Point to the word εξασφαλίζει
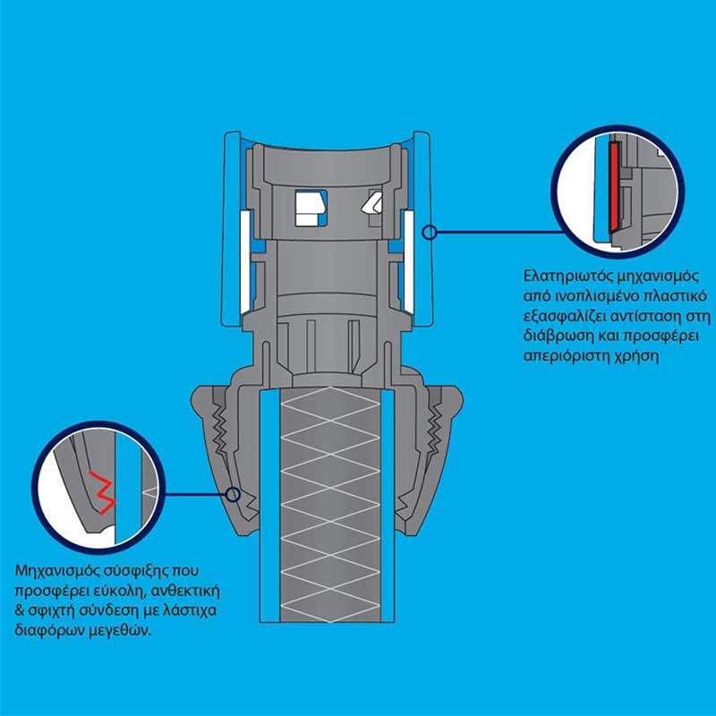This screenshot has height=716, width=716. pos(563,317)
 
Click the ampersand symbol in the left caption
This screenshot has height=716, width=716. pos(19,612)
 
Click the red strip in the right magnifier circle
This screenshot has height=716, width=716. pos(614,186)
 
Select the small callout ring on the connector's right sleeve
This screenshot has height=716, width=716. pos(429,233)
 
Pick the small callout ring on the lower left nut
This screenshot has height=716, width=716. pos(234,494)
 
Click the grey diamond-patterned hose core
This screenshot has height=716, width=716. pos(330,506)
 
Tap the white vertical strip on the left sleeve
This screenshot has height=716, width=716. pos(245,260)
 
